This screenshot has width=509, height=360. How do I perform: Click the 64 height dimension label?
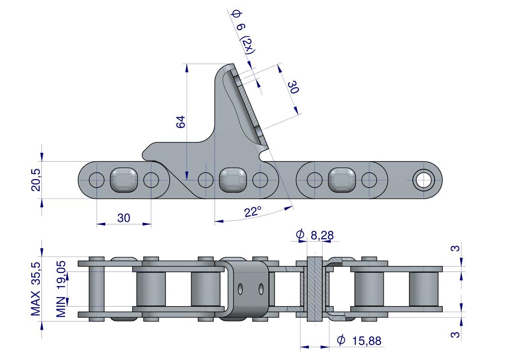[x=180, y=122]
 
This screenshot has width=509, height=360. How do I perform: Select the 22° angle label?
[x=253, y=212]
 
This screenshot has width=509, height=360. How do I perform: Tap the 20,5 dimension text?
[x=36, y=180]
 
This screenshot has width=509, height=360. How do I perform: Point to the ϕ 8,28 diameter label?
[x=315, y=235]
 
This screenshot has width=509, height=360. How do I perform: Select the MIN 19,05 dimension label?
[x=61, y=289]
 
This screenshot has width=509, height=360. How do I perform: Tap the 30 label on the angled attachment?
[x=293, y=87]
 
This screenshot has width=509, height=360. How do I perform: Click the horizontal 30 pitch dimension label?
[x=124, y=218]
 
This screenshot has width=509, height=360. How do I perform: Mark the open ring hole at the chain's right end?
[x=424, y=180]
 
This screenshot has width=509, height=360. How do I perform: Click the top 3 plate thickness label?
[x=456, y=248]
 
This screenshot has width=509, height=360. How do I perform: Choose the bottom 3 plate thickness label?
[x=456, y=334]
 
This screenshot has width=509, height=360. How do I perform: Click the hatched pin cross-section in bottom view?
[x=315, y=289]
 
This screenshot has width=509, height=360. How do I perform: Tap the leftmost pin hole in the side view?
[x=97, y=180]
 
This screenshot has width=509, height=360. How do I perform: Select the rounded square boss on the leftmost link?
[x=124, y=180]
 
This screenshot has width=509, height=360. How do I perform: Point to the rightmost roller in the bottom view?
[x=424, y=289]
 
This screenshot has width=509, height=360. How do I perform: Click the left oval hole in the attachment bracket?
[x=240, y=289]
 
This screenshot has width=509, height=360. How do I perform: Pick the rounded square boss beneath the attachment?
[x=233, y=180]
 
